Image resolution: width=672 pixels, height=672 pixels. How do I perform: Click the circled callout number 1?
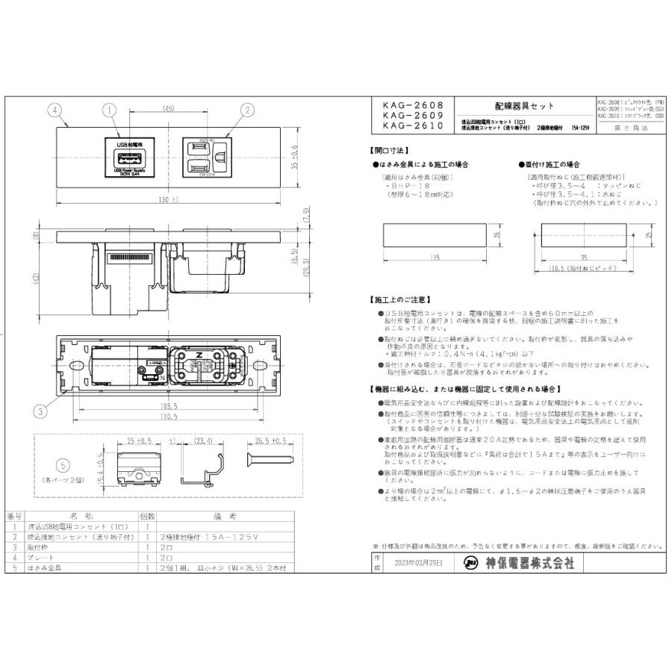click(x=110, y=110)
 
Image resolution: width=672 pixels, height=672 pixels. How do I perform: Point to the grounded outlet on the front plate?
click(x=205, y=156)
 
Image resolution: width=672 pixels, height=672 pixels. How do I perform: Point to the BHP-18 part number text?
click(x=402, y=187)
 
